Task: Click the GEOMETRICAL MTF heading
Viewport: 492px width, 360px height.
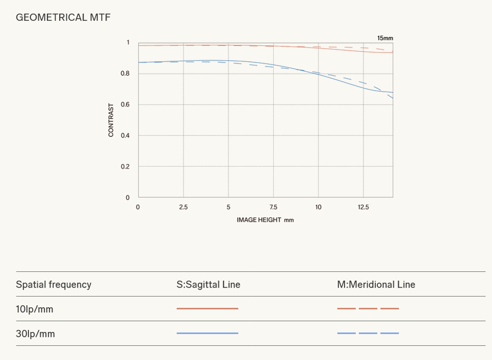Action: pos(63,17)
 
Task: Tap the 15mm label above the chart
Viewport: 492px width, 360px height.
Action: pos(385,38)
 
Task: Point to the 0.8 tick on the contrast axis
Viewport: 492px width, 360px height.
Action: pos(125,73)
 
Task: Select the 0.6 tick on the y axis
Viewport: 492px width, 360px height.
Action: pos(125,104)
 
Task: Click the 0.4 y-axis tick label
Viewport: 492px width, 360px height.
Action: pos(125,135)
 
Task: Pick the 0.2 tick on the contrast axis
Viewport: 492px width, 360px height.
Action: pos(125,166)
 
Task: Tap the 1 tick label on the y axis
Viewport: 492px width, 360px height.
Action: pos(128,42)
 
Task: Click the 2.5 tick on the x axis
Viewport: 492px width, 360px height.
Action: pos(183,207)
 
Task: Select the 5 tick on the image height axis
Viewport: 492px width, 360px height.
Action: pos(228,207)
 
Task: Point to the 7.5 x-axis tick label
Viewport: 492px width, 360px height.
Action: pos(273,207)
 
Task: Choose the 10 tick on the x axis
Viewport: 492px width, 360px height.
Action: pos(318,207)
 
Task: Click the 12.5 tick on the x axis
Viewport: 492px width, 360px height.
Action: pos(364,207)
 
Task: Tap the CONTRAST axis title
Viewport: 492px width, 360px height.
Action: pos(111,120)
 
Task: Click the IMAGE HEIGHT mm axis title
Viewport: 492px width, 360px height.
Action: pos(265,220)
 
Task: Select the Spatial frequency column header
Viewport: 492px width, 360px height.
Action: pos(54,285)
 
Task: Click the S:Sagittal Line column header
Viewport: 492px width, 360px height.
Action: pos(208,285)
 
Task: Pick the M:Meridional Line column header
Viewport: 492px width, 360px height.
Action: pos(376,285)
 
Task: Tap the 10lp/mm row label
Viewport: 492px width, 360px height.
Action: pos(34,309)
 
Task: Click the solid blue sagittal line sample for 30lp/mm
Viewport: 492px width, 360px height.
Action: pos(208,333)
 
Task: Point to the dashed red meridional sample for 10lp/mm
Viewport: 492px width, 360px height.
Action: pos(368,308)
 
